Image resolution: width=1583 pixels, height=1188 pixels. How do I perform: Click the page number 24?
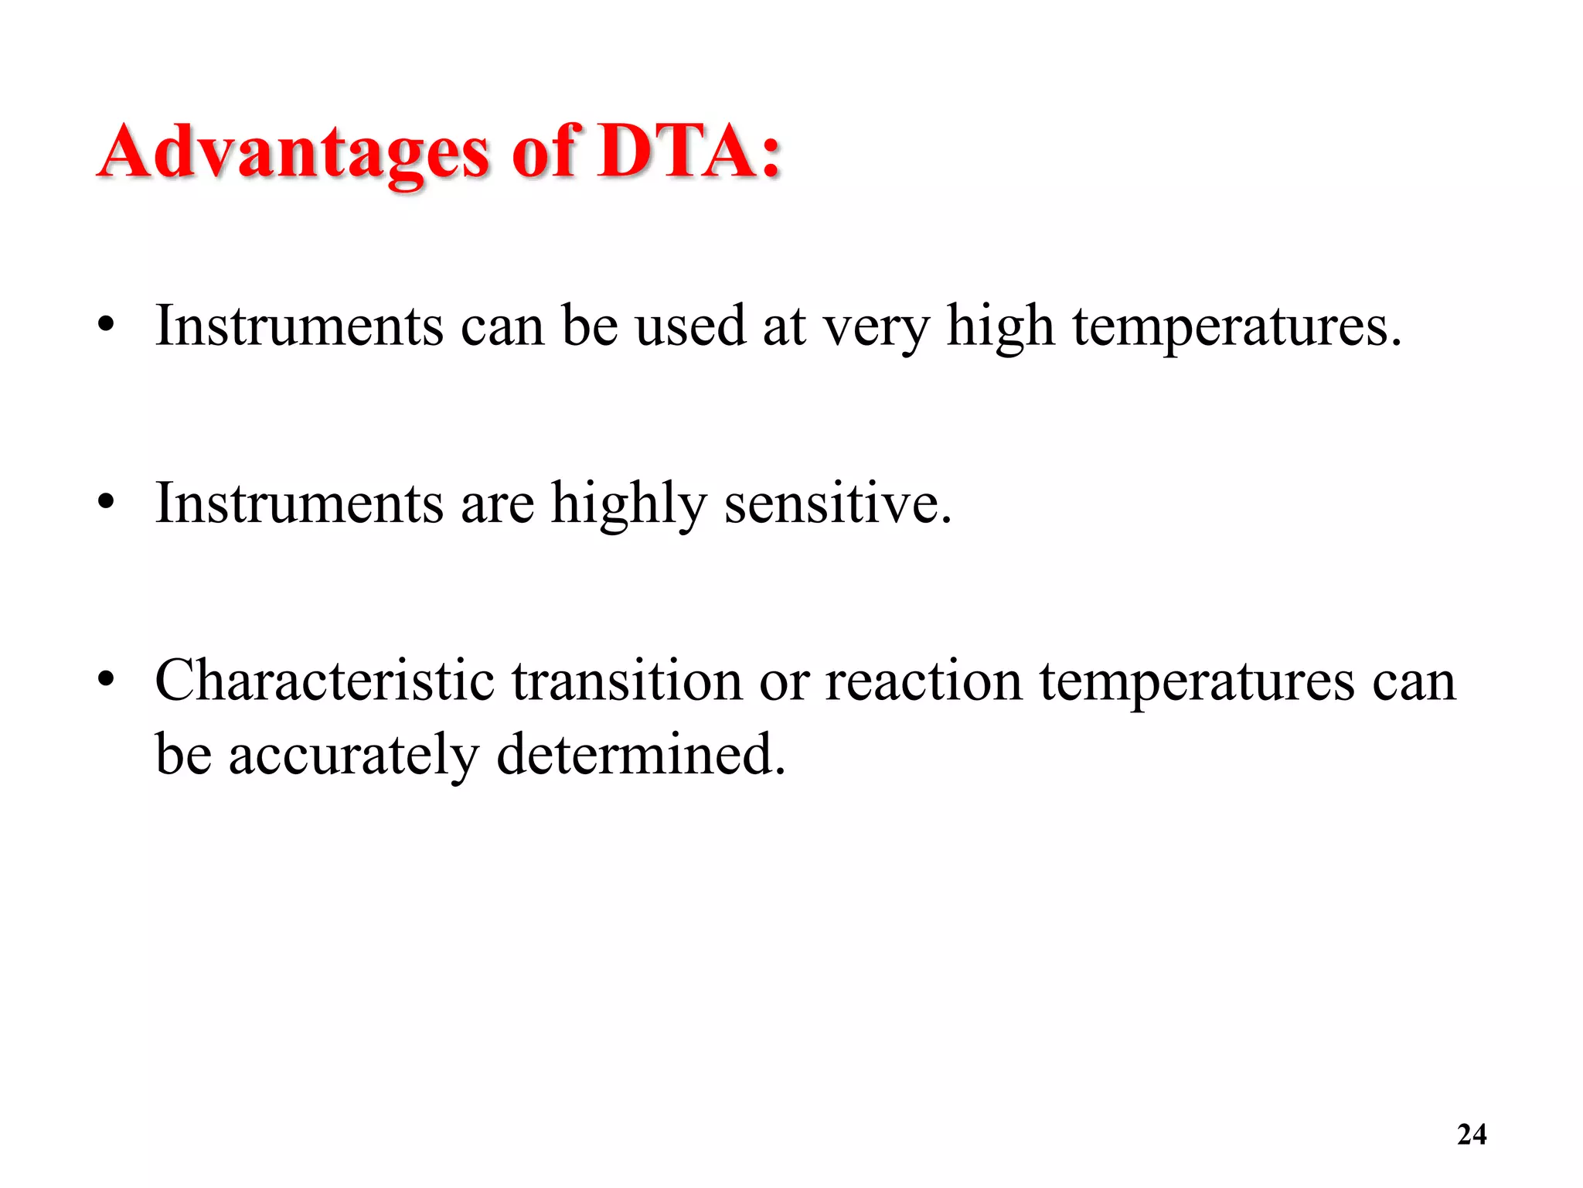coord(1471,1134)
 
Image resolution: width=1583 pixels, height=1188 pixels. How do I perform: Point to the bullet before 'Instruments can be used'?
coord(106,326)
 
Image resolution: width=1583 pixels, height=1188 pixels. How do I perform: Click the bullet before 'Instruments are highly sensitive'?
coord(106,504)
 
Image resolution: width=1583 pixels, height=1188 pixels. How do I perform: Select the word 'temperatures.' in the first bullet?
coord(1237,327)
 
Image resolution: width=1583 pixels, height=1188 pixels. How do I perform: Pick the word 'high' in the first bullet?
coord(1000,327)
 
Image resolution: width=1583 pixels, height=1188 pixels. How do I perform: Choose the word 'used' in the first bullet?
coord(689,326)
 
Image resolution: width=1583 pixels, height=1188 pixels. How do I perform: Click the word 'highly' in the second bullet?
coord(628,505)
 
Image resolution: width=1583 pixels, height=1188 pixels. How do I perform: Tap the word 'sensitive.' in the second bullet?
coord(838,504)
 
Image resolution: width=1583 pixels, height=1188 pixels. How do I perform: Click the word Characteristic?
coord(325,681)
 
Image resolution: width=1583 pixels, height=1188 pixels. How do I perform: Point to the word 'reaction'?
coord(923,681)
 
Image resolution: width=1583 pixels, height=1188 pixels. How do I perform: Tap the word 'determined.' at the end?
coord(641,754)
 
